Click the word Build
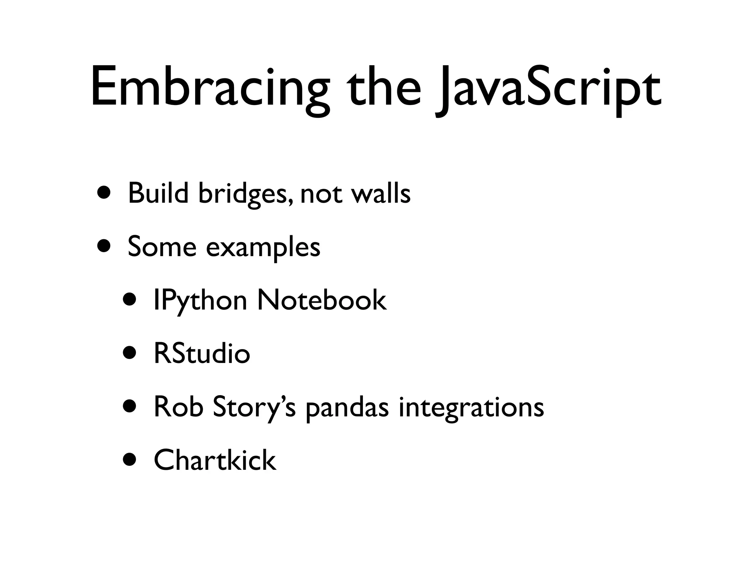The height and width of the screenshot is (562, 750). (158, 193)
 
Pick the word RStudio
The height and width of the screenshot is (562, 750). (202, 353)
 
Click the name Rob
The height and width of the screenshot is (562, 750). (178, 407)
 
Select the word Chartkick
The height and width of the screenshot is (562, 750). (215, 460)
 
